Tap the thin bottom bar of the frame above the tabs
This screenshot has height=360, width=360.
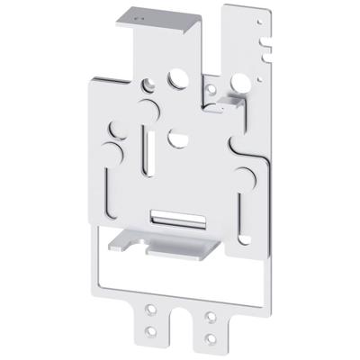click(x=184, y=301)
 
